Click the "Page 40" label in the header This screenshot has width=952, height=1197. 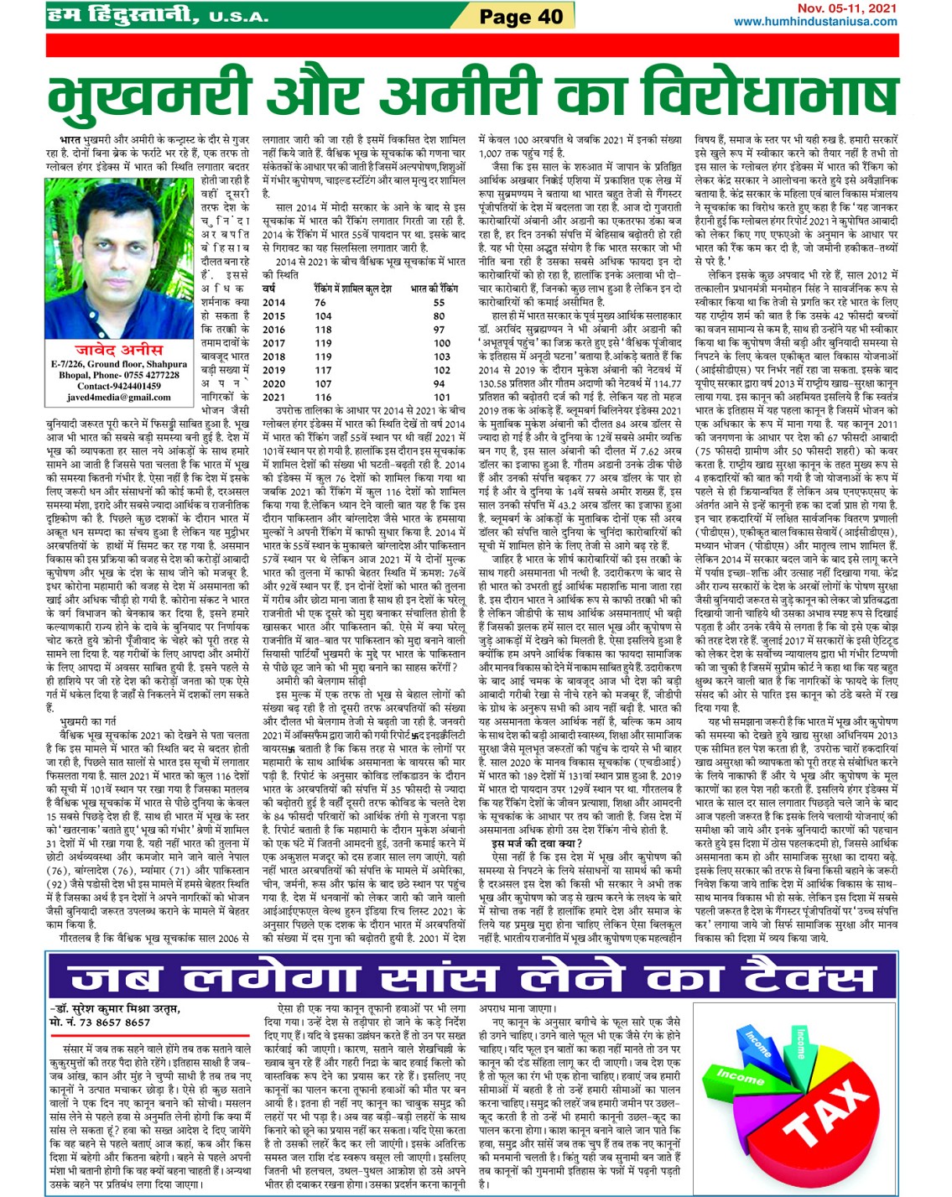coord(521,16)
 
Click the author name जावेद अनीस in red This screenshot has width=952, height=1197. coord(119,349)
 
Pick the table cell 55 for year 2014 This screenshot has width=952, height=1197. coord(439,302)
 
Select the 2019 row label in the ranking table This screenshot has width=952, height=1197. coord(274,370)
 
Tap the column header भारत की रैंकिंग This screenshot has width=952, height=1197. coord(434,289)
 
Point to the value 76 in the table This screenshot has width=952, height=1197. coord(320,302)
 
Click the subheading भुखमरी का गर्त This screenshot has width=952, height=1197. coord(87,721)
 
